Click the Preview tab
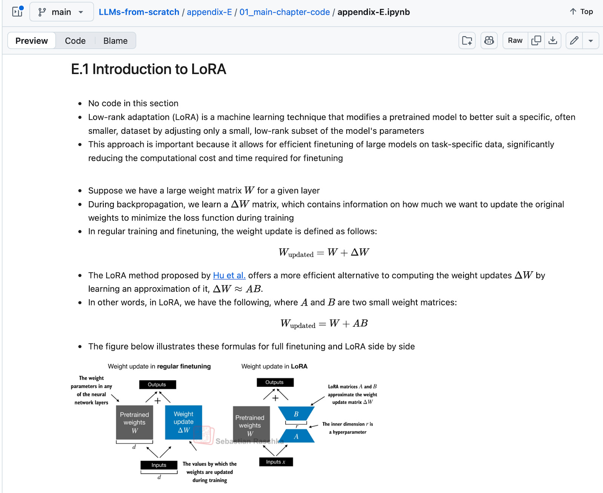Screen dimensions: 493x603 pos(32,41)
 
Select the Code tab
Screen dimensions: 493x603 pos(75,41)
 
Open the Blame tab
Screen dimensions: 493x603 pos(115,41)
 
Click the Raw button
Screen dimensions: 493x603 pos(515,40)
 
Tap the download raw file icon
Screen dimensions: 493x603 pos(552,40)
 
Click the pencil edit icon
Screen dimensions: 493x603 pos(574,40)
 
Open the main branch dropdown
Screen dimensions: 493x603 pos(61,12)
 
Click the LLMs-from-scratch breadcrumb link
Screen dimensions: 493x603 pos(139,12)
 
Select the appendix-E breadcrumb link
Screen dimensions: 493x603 pos(209,12)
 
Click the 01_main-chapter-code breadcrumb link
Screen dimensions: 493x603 pos(285,12)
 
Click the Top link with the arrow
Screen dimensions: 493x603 pos(581,12)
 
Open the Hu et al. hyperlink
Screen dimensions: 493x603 pos(229,276)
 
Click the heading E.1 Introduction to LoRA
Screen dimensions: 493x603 pos(148,69)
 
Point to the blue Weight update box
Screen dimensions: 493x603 pos(184,422)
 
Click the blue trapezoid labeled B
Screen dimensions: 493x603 pos(296,414)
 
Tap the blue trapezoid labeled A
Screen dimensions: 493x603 pos(296,436)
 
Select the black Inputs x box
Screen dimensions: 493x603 pos(276,462)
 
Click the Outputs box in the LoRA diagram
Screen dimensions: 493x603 pos(275,382)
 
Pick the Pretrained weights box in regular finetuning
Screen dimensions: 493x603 pos(135,422)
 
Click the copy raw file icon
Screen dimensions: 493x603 pos(536,40)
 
